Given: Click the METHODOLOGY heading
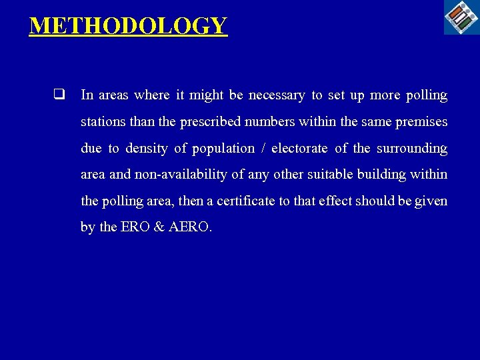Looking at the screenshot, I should point(128,26).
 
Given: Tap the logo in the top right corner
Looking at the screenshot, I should point(462,17).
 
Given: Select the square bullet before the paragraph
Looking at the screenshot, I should point(59,95).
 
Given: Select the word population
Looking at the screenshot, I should point(224,149).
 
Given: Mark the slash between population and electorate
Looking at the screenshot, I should point(263,149).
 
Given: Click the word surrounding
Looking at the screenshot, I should point(412,149).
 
